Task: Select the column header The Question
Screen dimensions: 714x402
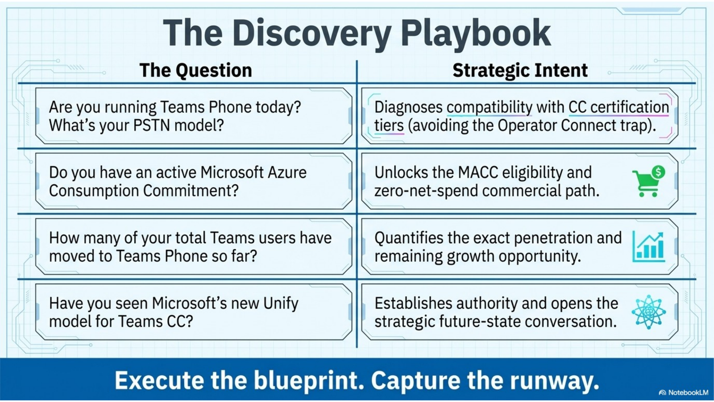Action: tap(196, 70)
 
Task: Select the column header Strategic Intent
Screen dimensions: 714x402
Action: tap(520, 70)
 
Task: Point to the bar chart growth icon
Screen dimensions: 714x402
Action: tap(649, 246)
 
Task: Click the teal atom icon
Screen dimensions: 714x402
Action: tap(649, 312)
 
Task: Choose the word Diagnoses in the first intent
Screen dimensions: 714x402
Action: tap(408, 108)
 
